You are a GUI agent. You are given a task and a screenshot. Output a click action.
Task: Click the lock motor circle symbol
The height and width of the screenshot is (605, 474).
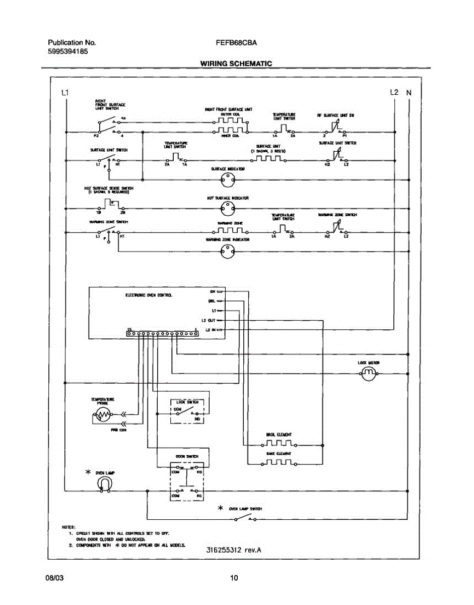click(x=369, y=374)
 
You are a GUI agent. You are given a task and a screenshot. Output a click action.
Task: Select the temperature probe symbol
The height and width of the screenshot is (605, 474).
click(x=103, y=415)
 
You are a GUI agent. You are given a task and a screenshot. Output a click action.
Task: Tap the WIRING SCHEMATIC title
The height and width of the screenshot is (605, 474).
click(x=236, y=64)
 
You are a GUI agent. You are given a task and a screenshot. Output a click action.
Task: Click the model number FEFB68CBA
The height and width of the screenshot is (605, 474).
click(x=236, y=43)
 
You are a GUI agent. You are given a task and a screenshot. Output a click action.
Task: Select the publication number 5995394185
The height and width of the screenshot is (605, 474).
click(x=69, y=51)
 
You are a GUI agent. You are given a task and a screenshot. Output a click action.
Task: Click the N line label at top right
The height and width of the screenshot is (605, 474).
click(x=409, y=93)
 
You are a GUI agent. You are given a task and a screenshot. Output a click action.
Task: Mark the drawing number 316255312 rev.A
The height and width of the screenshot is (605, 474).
click(x=234, y=550)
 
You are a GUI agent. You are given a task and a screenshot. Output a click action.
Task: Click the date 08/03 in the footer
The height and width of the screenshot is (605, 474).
click(x=53, y=578)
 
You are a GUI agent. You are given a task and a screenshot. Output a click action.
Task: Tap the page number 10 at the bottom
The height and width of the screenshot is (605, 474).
click(x=234, y=578)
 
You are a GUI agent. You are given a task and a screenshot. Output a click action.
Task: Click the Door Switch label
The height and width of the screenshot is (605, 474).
click(x=183, y=456)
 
